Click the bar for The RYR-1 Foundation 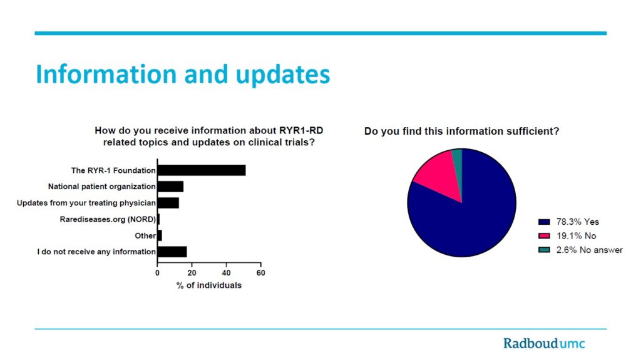(x=202, y=170)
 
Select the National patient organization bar (x=170, y=187)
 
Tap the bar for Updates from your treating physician (x=168, y=203)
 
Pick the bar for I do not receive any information (x=172, y=252)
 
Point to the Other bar (x=160, y=235)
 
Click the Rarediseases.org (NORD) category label (x=108, y=219)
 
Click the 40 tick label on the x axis (x=226, y=273)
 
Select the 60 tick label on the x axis (x=261, y=273)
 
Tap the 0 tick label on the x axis (x=157, y=273)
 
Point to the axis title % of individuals (x=209, y=285)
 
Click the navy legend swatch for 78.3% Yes (x=544, y=222)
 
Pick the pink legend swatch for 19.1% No (x=544, y=236)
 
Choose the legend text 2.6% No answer (x=590, y=250)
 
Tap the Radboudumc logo (x=544, y=343)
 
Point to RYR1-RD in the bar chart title (x=301, y=130)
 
